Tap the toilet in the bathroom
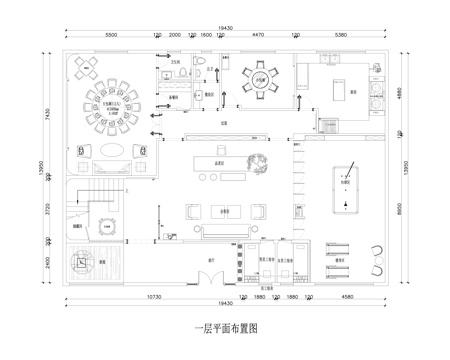[201, 70]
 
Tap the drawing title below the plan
[225, 327]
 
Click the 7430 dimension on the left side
[47, 115]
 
